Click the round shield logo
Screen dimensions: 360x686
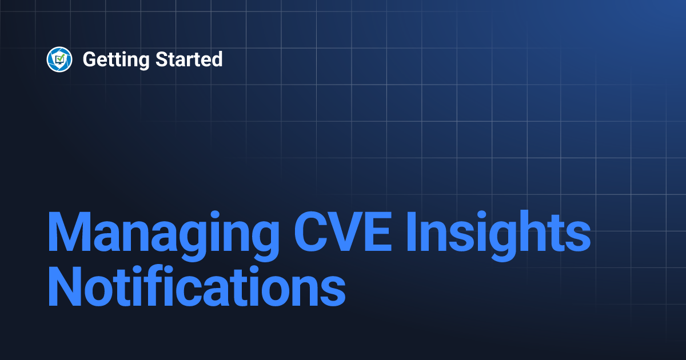[x=59, y=59]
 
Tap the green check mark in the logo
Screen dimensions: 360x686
[x=59, y=58]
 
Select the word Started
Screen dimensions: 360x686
[x=189, y=59]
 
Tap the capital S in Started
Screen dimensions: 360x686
[x=162, y=59]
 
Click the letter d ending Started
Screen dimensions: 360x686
[x=217, y=59]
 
